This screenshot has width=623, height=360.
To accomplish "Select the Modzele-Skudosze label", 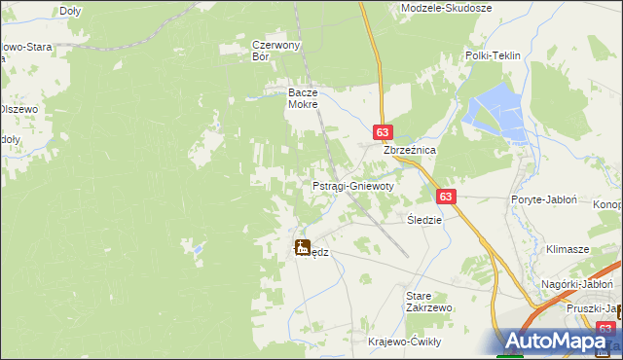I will point(447,8).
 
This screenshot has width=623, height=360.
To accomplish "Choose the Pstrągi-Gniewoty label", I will point(352,185).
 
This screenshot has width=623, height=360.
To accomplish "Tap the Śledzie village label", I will point(424,220).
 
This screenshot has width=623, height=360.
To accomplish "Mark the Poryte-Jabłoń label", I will point(544,199).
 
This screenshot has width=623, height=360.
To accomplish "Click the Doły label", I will point(70,11).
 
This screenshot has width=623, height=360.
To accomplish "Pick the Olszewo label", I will point(18,109).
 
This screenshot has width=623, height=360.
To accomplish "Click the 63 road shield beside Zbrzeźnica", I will point(383,132).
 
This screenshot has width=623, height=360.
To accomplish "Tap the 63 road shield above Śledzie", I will point(446,196).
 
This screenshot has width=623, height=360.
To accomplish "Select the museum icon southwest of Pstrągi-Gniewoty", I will point(302,247).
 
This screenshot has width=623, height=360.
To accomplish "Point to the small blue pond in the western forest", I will point(199,249).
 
